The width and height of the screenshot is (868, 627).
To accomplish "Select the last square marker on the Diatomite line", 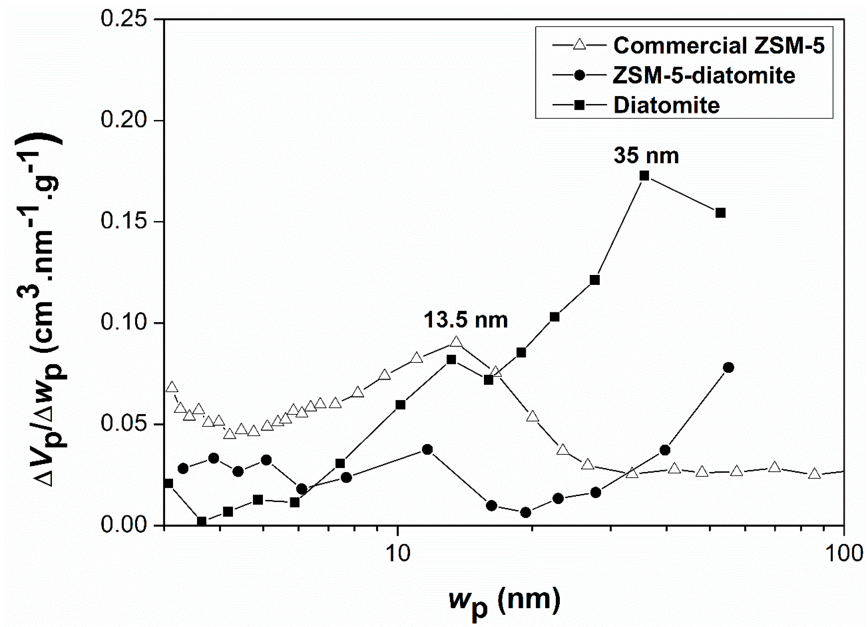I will pyautogui.click(x=721, y=213).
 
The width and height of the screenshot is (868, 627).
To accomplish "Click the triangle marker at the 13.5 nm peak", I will pyautogui.click(x=456, y=342).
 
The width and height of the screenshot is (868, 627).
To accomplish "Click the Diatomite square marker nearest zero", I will pyautogui.click(x=202, y=521).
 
